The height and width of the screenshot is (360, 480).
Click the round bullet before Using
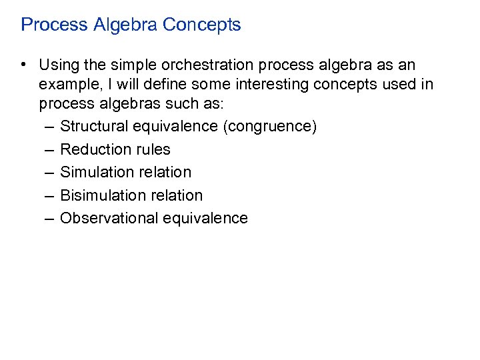click(23, 65)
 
